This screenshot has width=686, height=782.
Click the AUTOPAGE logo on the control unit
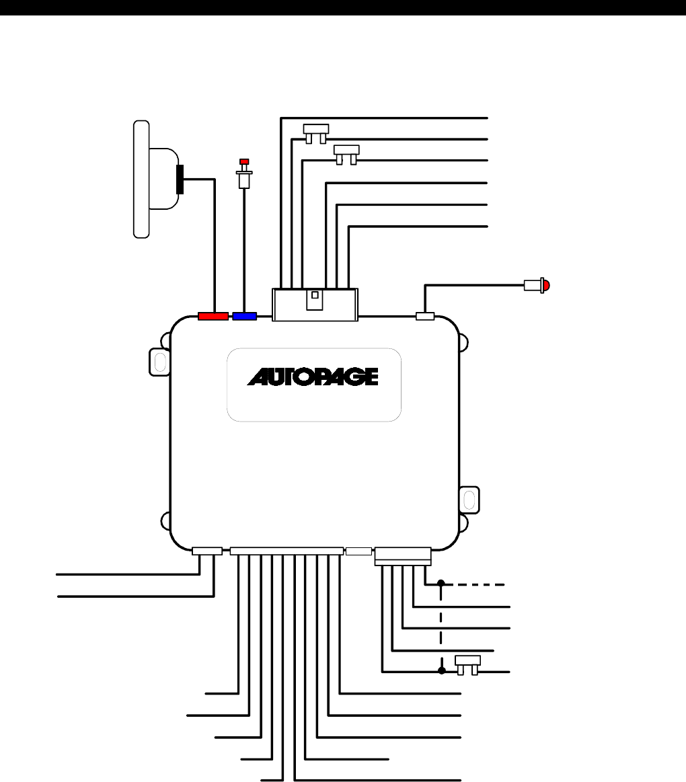(313, 377)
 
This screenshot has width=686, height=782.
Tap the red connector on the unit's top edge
(213, 315)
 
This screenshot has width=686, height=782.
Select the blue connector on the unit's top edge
(245, 315)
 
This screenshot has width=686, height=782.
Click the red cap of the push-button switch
(244, 162)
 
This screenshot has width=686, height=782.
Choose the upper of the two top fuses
(315, 130)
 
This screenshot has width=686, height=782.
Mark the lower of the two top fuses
(347, 151)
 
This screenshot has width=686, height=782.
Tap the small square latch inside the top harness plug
(314, 293)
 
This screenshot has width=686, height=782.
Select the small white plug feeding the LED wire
(425, 315)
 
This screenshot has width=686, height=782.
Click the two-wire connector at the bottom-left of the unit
(206, 551)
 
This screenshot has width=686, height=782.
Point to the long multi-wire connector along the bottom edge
(286, 551)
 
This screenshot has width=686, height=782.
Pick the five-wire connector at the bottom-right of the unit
(403, 555)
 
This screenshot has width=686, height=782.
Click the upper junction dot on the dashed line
(441, 583)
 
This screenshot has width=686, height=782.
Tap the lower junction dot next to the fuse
(441, 671)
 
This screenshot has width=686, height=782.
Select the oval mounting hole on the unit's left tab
(160, 362)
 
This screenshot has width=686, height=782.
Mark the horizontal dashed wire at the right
(474, 584)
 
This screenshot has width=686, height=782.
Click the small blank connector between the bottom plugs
(358, 551)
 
